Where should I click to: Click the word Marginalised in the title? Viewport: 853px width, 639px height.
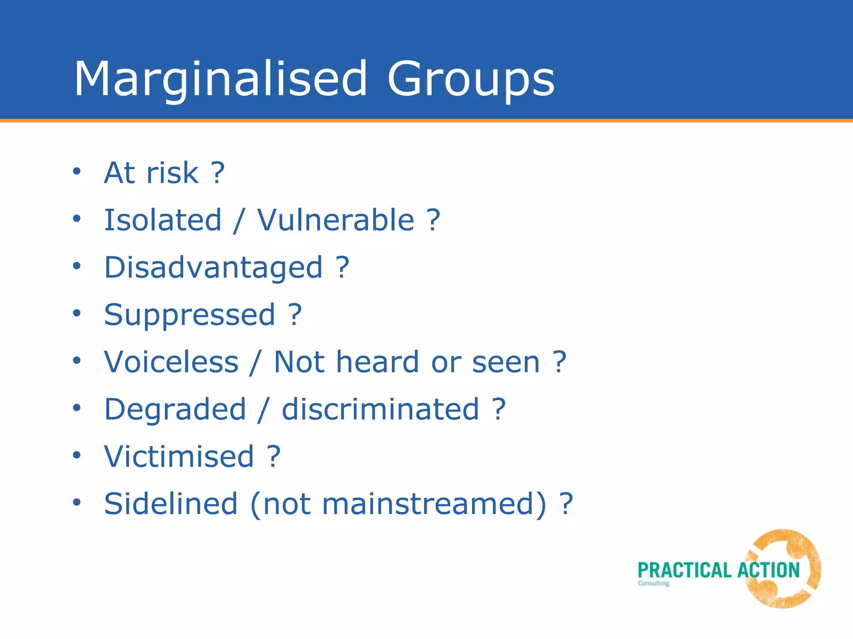221,79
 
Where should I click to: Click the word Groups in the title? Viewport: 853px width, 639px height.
471,79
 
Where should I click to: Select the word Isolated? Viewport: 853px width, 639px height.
163,220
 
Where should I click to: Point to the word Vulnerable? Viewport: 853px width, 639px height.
336,220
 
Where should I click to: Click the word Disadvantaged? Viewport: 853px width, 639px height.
213,267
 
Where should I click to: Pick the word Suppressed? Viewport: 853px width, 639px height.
190,315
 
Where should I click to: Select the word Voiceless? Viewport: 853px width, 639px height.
171,362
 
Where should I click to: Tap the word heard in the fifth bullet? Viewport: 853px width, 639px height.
377,362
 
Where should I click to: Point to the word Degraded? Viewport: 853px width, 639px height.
175,410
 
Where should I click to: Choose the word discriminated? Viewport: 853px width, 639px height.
380,409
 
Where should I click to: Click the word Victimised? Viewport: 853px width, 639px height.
179,456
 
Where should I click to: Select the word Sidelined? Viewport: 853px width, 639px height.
171,504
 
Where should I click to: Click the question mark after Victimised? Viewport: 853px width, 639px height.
274,456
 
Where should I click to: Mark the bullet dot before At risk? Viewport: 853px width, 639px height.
76,171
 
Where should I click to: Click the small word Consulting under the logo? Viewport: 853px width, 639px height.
653,583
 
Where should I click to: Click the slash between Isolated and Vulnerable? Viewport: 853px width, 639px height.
239,220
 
